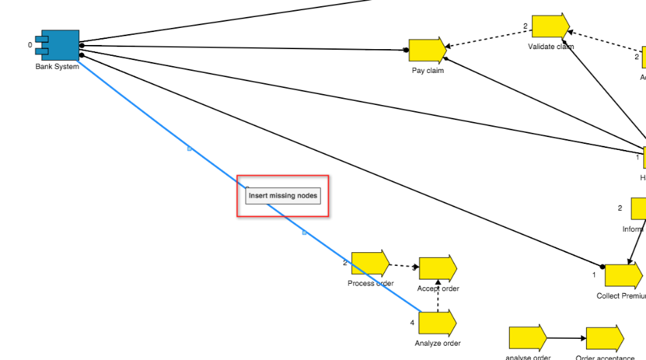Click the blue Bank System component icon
coord(60,45)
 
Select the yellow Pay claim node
coord(427,50)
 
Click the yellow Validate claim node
coord(550,26)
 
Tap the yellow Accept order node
coord(437,269)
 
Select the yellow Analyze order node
coord(437,322)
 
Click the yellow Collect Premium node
coord(623,275)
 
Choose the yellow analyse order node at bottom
coord(527,338)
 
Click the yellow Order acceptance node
coord(604,339)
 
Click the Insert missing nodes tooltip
coord(282,196)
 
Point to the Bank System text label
coord(57,67)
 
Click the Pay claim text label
coord(428,70)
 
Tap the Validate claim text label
coord(550,47)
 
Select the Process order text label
coord(370,284)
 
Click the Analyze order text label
coord(437,344)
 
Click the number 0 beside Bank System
coord(30,45)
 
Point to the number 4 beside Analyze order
coord(412,322)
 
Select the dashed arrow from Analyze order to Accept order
coord(438,296)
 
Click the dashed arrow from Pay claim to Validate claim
coord(488,38)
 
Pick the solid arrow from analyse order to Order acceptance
coord(566,337)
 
